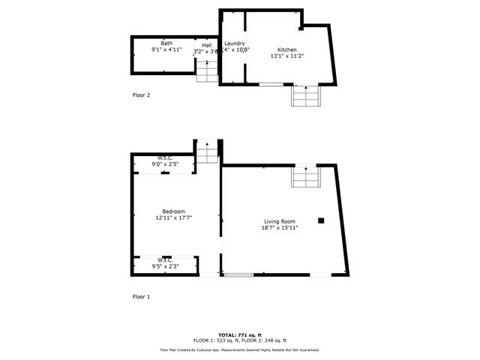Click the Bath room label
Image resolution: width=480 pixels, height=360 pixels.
click(166, 43)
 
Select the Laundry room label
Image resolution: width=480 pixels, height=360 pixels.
click(235, 43)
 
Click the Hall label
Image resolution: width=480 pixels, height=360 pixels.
click(206, 45)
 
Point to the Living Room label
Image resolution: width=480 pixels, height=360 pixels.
click(279, 221)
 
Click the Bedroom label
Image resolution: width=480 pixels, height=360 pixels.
click(174, 211)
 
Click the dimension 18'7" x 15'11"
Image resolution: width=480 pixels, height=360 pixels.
click(280, 228)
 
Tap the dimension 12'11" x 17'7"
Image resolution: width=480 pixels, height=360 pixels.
click(174, 218)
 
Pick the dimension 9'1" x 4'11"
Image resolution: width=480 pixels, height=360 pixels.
click(166, 49)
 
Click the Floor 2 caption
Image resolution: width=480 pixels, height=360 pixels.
click(141, 95)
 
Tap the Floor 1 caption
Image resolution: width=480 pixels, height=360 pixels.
click(141, 297)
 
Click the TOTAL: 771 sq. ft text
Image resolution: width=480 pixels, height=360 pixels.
click(239, 334)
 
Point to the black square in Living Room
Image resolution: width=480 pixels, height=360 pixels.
click(320, 220)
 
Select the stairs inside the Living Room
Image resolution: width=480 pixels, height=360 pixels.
click(306, 177)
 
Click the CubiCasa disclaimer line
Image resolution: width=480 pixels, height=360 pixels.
click(239, 349)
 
